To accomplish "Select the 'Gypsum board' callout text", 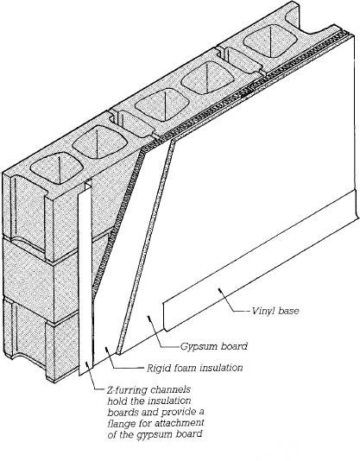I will (x=215, y=346).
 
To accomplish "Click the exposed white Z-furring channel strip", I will (x=90, y=276).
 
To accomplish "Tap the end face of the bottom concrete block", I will (x=39, y=345).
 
